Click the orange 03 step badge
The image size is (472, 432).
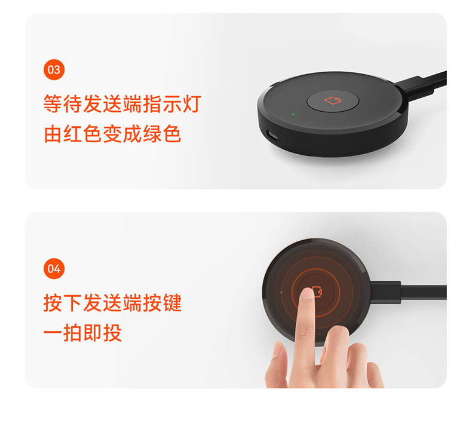(x=54, y=70)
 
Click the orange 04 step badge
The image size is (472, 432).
(x=54, y=268)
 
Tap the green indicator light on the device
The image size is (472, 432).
(x=293, y=114)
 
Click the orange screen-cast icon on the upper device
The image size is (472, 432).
(x=333, y=100)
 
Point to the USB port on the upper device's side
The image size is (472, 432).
(x=272, y=136)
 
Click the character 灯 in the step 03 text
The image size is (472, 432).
(x=192, y=103)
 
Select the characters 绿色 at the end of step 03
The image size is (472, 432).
(x=162, y=134)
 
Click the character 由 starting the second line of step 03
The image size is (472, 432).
(x=53, y=134)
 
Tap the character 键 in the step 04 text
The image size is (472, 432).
(x=172, y=302)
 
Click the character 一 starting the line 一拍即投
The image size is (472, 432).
(x=53, y=333)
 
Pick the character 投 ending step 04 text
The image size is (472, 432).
(x=112, y=333)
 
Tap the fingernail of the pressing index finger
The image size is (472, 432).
(x=307, y=293)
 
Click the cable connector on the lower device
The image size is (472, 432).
(x=385, y=292)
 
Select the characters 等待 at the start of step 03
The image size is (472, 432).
(x=62, y=103)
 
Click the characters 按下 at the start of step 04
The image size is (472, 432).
(x=62, y=302)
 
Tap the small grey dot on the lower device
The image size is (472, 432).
(x=281, y=292)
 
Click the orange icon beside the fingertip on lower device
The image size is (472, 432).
(x=317, y=292)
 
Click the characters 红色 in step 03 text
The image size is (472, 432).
(x=82, y=134)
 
